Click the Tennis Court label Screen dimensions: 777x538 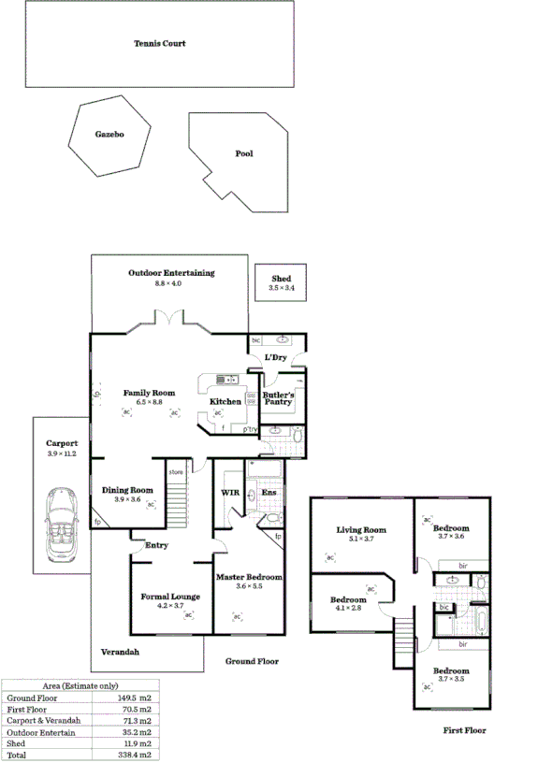[159, 43]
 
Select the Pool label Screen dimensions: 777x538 [243, 153]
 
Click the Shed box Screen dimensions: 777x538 [281, 282]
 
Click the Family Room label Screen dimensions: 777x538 [149, 393]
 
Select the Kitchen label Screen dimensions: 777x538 [225, 401]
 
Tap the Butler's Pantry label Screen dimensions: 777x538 [279, 399]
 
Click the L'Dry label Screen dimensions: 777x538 [274, 357]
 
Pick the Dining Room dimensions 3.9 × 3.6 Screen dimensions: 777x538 [127, 499]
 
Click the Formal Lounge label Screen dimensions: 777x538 [169, 596]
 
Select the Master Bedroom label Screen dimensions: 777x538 [249, 577]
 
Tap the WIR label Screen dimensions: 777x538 [229, 492]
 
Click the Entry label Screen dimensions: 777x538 [155, 545]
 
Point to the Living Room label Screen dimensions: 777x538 [361, 530]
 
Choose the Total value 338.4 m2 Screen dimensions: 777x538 [132, 754]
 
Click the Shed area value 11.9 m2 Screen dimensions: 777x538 [132, 742]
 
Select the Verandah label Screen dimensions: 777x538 [121, 652]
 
